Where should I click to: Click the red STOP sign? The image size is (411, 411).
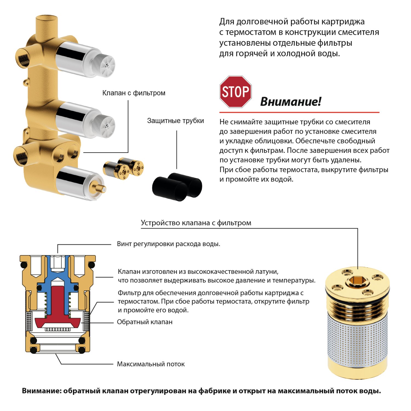click(235, 92)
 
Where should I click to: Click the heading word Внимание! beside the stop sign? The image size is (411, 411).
click(290, 102)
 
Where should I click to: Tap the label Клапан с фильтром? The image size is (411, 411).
click(134, 93)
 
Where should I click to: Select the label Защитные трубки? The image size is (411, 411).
click(175, 121)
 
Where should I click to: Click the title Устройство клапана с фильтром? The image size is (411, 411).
click(196, 223)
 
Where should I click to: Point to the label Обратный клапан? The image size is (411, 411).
click(145, 322)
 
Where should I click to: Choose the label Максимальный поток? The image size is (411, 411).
click(151, 364)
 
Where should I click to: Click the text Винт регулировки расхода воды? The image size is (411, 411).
click(168, 244)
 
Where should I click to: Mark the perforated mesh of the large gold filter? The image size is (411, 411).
click(358, 340)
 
